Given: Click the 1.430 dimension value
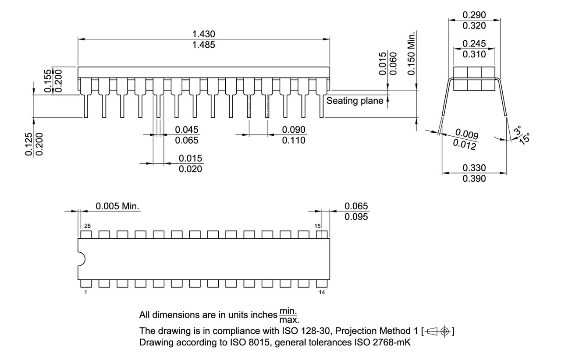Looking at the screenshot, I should click(x=204, y=34).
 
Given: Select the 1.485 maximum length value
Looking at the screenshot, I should click(x=204, y=45).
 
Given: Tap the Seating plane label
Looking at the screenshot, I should click(x=355, y=101).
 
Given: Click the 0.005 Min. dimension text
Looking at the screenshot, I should click(x=117, y=206).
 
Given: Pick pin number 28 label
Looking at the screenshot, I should click(x=87, y=226).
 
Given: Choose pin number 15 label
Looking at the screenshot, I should click(x=317, y=226).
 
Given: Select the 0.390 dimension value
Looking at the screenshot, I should click(x=474, y=179).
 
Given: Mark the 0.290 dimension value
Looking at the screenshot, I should click(x=474, y=15).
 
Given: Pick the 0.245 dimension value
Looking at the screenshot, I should click(x=474, y=44).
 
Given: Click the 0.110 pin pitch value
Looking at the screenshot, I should click(x=294, y=140).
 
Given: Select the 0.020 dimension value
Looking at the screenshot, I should click(x=191, y=169).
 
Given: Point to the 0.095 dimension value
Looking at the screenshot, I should click(x=356, y=217).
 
